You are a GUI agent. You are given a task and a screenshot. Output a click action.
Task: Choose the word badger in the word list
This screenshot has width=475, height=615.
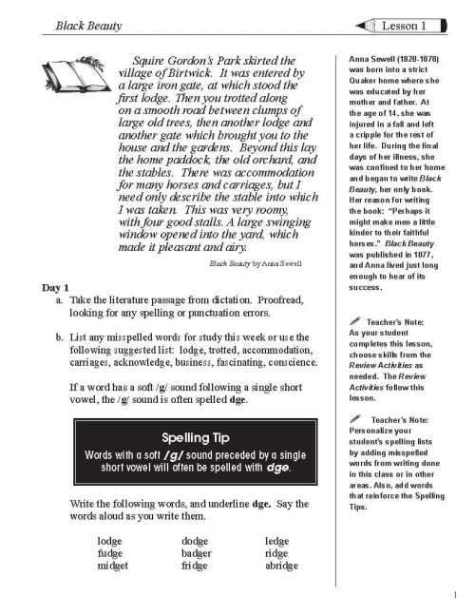click(196, 552)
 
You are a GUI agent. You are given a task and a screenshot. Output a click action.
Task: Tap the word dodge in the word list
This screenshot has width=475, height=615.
click(195, 539)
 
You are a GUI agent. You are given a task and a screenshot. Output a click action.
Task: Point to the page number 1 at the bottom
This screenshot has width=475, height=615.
click(456, 596)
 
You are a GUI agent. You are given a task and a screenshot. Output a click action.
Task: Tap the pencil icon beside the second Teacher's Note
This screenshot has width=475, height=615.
click(354, 419)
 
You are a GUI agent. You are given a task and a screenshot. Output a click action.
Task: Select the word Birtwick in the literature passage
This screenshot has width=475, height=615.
click(190, 75)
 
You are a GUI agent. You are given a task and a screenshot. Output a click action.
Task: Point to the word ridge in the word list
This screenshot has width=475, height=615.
click(276, 552)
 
